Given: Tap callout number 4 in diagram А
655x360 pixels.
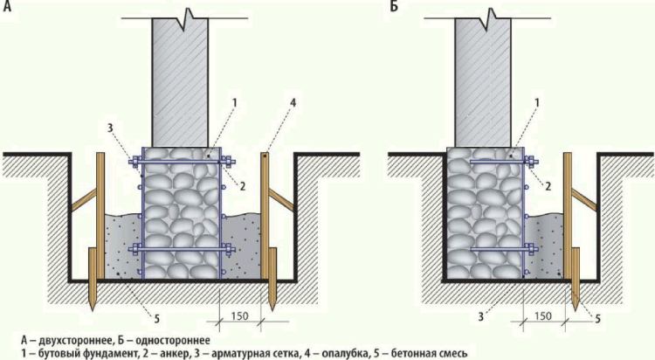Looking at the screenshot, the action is [x=293, y=102].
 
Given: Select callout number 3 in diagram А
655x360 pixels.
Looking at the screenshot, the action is [x=110, y=128].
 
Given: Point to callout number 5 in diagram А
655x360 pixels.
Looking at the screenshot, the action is [x=156, y=319].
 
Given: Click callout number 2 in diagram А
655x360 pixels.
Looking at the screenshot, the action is [x=243, y=186].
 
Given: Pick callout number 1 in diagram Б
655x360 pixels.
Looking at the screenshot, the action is [x=537, y=102].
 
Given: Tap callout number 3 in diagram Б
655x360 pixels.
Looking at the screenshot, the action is [x=481, y=317].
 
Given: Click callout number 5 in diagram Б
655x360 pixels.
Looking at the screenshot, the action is [x=597, y=319].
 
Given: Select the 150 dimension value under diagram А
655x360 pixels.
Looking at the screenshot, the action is [x=240, y=315].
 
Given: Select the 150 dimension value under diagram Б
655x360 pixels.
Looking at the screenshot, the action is [x=542, y=315].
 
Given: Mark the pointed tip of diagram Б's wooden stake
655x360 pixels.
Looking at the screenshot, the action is [x=576, y=311].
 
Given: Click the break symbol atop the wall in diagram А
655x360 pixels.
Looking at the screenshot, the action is [x=185, y=19].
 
